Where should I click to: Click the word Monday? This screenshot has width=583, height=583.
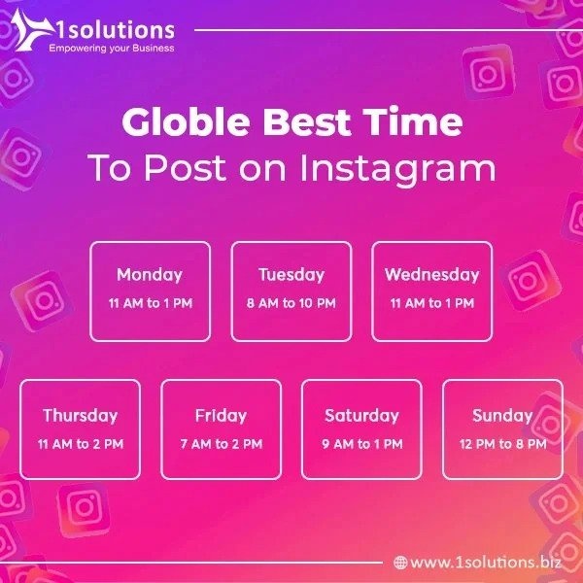click(150, 275)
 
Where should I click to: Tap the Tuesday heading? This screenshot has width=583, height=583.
click(291, 275)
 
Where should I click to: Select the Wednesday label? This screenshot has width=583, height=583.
click(432, 275)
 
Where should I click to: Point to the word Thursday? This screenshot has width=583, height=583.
click(81, 416)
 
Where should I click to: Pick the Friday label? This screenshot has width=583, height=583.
click(221, 416)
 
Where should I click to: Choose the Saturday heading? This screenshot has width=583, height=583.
click(361, 416)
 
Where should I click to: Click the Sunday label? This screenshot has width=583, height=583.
click(502, 416)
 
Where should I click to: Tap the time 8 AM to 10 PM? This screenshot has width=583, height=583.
click(291, 303)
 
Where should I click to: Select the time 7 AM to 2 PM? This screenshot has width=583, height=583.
click(222, 444)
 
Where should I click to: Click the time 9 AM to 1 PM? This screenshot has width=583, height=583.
click(362, 444)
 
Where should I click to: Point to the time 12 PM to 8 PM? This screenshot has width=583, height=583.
click(503, 444)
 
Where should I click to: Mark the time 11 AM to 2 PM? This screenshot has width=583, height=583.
click(81, 444)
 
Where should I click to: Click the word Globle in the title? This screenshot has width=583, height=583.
click(186, 121)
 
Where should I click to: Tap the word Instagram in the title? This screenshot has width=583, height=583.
click(397, 167)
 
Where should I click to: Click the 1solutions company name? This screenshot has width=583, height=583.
click(116, 30)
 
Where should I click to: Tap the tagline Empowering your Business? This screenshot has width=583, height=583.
click(112, 49)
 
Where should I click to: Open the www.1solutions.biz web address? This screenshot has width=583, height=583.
click(486, 562)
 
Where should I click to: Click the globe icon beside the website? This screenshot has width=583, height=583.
click(400, 563)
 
